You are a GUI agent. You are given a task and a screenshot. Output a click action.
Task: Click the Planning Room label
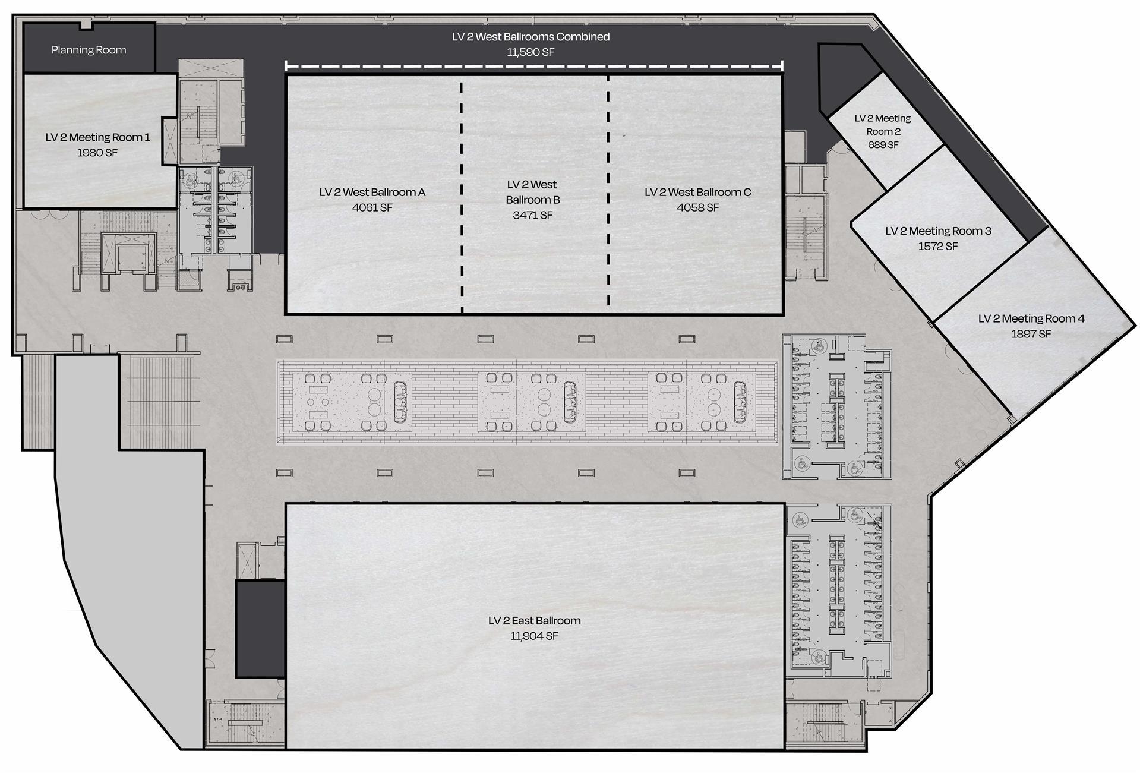point(89,50)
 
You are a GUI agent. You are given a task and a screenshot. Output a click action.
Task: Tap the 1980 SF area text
point(97,153)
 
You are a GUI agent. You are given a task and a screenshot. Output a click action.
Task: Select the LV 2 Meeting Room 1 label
point(97,137)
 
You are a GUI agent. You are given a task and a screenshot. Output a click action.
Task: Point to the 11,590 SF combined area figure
point(530,52)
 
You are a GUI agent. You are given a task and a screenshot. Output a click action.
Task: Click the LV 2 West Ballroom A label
point(372,192)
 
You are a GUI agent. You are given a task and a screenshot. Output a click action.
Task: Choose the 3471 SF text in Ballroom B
point(533,215)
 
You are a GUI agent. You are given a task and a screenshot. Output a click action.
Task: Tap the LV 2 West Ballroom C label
point(698,192)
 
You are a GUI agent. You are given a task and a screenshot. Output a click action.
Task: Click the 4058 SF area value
point(698,207)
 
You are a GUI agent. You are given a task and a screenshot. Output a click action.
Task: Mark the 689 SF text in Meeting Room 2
point(883,145)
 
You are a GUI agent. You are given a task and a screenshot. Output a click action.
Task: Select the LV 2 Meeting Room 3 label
point(938,231)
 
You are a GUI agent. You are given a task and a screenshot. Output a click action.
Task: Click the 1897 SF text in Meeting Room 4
point(1031,334)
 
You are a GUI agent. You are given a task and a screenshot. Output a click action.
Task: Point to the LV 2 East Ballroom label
point(534,620)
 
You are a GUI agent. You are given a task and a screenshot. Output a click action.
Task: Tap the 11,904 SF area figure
point(534,636)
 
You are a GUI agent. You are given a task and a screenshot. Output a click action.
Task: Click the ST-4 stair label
point(218,720)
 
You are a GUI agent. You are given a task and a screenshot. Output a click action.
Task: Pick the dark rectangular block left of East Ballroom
point(260,629)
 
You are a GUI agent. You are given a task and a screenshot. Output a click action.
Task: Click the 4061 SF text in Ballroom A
point(372,207)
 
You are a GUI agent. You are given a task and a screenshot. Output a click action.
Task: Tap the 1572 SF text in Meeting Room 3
point(938,246)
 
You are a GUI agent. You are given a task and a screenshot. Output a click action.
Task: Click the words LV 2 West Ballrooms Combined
point(530,37)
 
